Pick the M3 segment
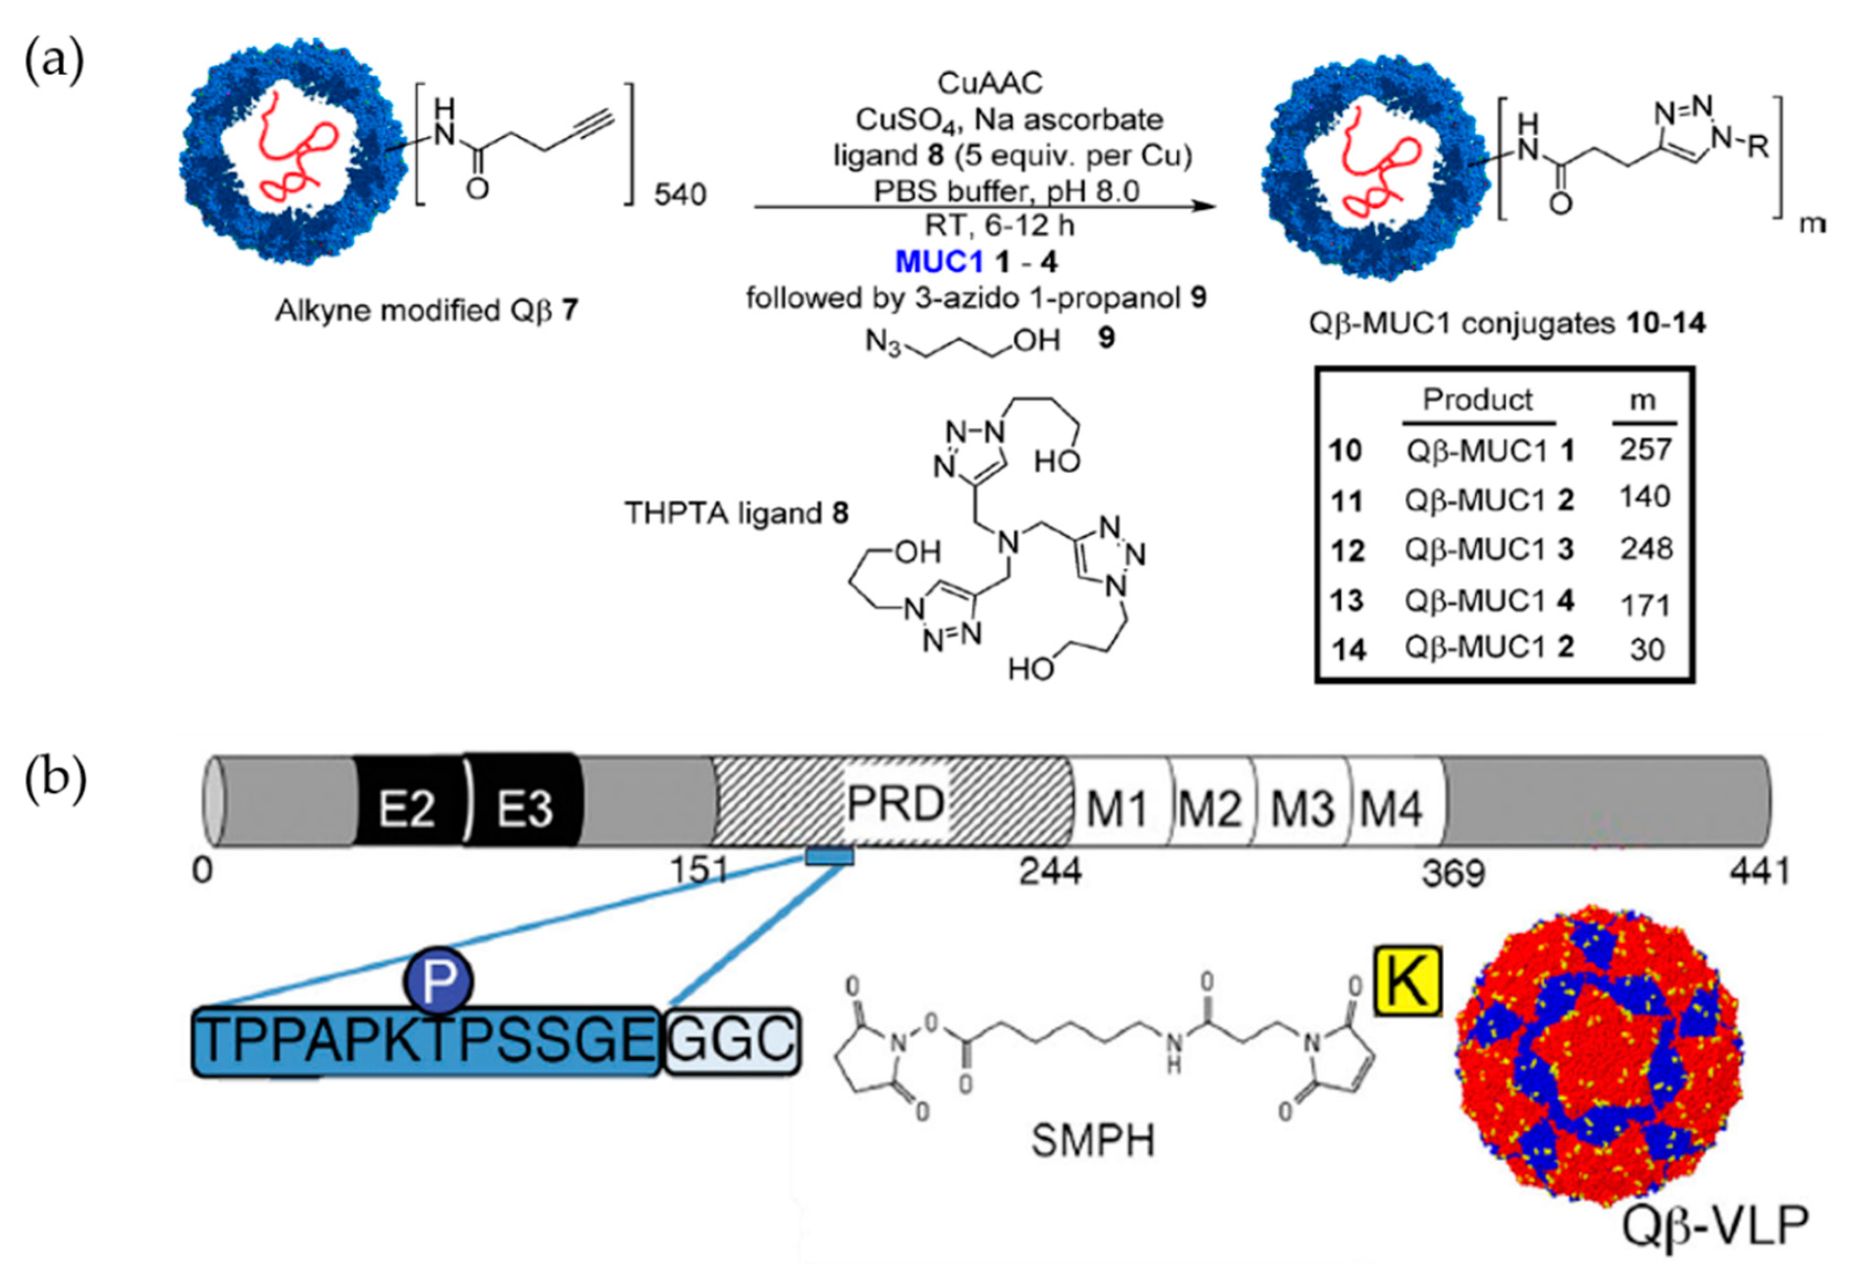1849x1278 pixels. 1302,809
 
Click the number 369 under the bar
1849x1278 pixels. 1453,873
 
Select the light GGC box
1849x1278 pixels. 733,1041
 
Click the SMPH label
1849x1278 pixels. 1093,1141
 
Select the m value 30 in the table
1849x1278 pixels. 1646,649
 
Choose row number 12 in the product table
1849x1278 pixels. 1347,551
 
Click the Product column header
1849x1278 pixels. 1477,399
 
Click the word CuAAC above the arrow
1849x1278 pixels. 990,83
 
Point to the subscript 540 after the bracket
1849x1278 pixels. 679,194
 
